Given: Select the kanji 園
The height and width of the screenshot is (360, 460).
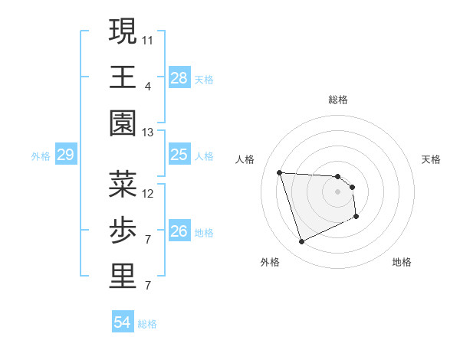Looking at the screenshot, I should [123, 123].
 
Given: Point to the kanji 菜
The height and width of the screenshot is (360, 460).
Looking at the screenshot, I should [123, 184].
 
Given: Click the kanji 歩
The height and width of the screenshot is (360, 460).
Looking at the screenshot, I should [123, 230].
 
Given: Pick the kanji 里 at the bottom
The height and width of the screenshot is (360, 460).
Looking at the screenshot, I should [123, 277].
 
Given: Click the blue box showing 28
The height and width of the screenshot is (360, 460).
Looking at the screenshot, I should [179, 77].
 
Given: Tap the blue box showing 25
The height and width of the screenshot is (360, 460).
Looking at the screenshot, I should [179, 155].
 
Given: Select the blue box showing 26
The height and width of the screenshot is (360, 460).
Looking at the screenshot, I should [179, 231].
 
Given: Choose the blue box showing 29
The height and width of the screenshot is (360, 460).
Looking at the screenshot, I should [65, 155].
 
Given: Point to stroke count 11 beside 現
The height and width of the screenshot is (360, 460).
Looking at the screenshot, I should [149, 39].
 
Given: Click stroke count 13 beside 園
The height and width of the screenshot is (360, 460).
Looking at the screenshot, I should [149, 133].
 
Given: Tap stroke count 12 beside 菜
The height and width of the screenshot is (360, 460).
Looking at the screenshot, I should [149, 193].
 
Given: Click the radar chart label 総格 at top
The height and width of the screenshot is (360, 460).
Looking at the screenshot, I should [338, 100].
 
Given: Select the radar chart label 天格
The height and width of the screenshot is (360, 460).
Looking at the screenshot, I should [431, 159].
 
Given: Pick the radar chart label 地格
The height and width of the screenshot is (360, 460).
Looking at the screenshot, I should [402, 262].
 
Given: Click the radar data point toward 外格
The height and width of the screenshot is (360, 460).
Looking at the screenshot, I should [301, 242].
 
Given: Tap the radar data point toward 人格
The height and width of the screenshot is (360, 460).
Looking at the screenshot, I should [280, 172].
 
